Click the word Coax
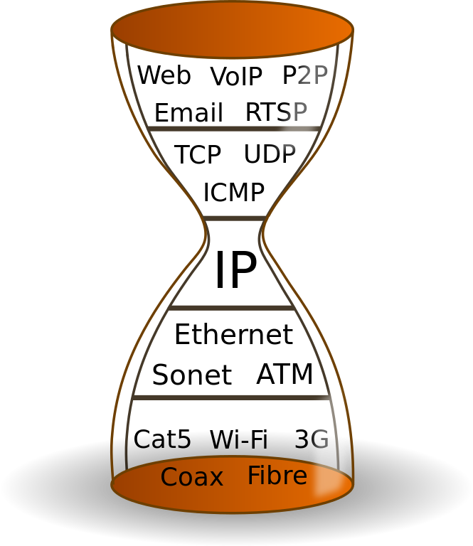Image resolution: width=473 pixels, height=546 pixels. tap(191, 477)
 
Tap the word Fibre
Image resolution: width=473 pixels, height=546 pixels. tap(277, 476)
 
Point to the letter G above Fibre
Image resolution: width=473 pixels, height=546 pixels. tap(320, 440)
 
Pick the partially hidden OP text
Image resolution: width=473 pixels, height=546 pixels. tap(282, 153)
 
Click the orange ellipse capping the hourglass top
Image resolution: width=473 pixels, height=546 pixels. tap(232, 30)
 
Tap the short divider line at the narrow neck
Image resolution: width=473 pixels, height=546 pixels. tap(235, 218)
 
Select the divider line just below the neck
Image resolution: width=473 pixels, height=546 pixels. tap(232, 308)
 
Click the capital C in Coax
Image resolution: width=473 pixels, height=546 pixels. tap(169, 477)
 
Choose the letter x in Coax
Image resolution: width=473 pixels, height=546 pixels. tap(216, 478)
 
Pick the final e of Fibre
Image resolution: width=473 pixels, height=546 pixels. tap(301, 477)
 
